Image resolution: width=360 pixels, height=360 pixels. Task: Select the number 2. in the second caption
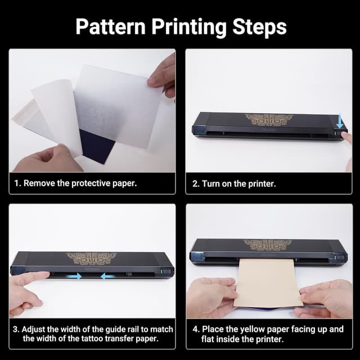pos(197,183)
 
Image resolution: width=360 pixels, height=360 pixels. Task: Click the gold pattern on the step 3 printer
pos(92,260)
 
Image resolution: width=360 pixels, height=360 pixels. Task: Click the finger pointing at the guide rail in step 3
pos(28,280)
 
